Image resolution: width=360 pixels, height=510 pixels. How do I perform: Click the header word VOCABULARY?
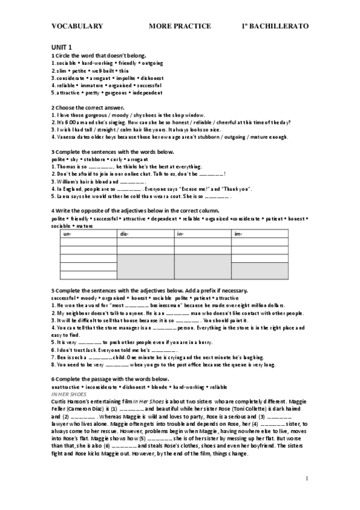[x=77, y=26]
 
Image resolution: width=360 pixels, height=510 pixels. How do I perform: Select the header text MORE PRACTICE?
[x=180, y=26]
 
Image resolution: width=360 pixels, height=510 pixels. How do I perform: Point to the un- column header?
[x=67, y=234]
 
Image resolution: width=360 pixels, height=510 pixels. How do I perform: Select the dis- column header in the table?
[x=124, y=234]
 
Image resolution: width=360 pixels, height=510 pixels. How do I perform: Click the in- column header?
[x=180, y=234]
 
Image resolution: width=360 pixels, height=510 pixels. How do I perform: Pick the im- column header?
[x=238, y=234]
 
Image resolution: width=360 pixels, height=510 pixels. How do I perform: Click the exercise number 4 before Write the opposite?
[x=53, y=211]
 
